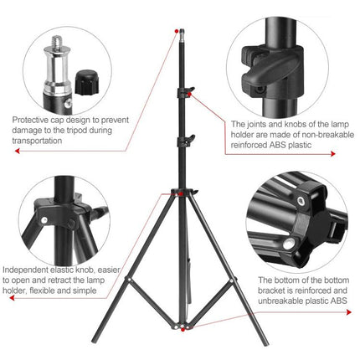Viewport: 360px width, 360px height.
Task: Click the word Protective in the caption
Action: pyautogui.click(x=29, y=119)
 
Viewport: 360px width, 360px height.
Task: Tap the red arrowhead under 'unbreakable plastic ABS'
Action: pyautogui.click(x=350, y=311)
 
